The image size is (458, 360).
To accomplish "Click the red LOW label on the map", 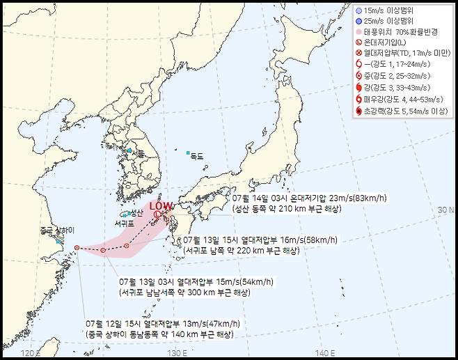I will click(x=161, y=205).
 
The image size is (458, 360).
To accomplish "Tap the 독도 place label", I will click(x=197, y=157).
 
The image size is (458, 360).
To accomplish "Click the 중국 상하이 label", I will click(x=56, y=230).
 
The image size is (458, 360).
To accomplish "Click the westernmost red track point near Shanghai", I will click(x=77, y=247).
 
